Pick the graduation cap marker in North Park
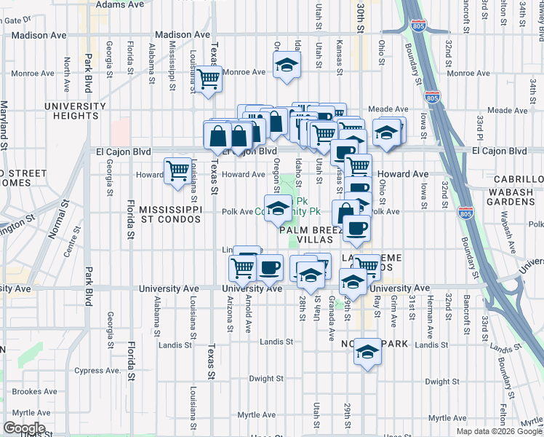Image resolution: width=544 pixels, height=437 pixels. (x=368, y=353)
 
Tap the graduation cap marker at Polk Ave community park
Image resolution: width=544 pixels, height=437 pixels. (x=276, y=209)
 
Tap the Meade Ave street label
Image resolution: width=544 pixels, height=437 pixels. (x=507, y=110)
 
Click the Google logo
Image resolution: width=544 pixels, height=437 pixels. (x=24, y=428)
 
